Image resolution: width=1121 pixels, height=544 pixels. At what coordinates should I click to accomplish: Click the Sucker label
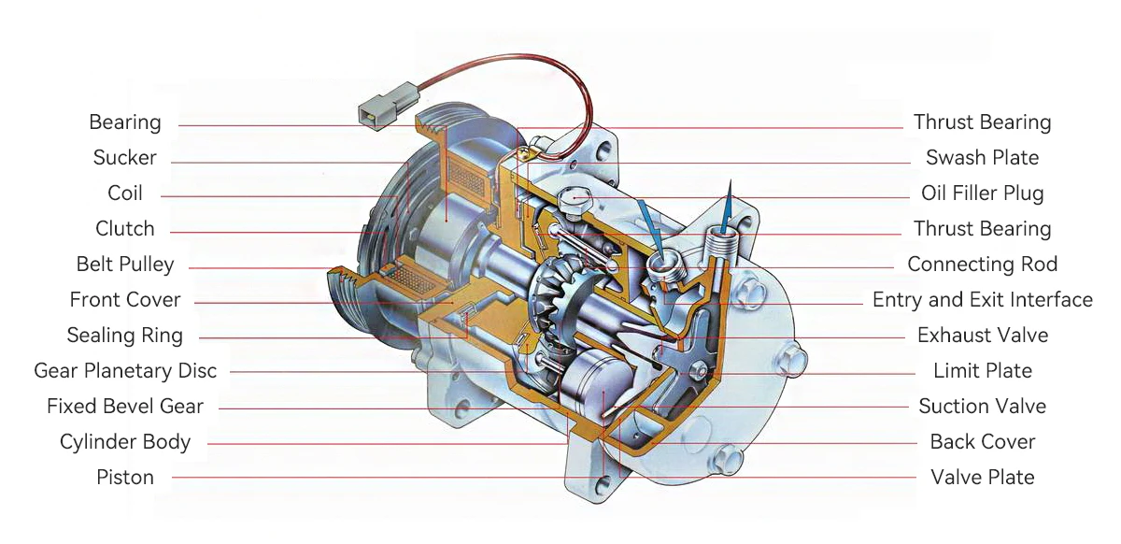[x=124, y=157]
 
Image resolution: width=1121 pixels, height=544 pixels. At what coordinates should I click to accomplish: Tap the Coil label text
[x=124, y=193]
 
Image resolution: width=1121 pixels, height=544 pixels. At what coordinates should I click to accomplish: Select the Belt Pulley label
[x=124, y=264]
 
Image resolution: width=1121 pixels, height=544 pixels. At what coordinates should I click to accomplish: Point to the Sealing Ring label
[x=124, y=336]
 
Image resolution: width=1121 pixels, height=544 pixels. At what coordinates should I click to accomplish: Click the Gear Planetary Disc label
[x=125, y=371]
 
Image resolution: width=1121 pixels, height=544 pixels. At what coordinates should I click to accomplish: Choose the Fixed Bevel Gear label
[x=124, y=407]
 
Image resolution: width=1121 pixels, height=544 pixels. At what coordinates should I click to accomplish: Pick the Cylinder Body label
[x=124, y=442]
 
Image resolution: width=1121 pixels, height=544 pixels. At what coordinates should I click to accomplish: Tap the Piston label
[x=124, y=478]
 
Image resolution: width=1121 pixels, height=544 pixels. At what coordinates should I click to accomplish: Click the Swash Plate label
[x=982, y=157]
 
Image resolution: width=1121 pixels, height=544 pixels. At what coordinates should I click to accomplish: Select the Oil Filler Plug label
[x=983, y=193]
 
